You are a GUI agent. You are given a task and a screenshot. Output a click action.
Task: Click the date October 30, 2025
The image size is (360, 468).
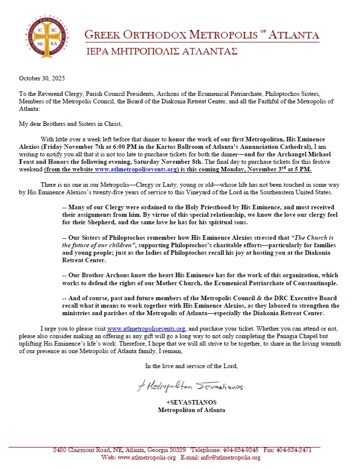click(x=42, y=78)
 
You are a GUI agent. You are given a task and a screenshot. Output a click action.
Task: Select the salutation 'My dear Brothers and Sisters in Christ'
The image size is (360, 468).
click(x=70, y=124)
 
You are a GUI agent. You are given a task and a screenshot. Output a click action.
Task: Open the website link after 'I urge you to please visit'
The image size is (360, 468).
click(x=146, y=329)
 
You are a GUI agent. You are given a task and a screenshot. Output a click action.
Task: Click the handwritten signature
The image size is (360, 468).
click(x=190, y=387)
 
